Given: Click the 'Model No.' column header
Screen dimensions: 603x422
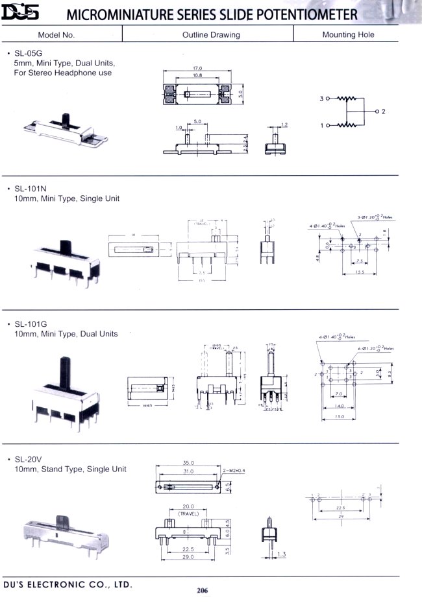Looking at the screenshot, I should pyautogui.click(x=56, y=34).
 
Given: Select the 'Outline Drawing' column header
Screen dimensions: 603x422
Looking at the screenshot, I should pyautogui.click(x=211, y=34).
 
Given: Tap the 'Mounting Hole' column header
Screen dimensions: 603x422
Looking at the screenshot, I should pyautogui.click(x=348, y=34).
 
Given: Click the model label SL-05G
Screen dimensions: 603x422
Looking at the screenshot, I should pyautogui.click(x=28, y=53).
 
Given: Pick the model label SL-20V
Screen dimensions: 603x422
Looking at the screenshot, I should pyautogui.click(x=28, y=458).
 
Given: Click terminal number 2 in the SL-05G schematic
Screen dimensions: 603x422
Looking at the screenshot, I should pyautogui.click(x=384, y=112).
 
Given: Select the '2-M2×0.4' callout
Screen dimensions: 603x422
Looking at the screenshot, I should pyautogui.click(x=234, y=470).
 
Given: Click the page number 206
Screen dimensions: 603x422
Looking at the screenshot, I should pyautogui.click(x=202, y=590).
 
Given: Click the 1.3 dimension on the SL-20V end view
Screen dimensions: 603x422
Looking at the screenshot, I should pyautogui.click(x=281, y=554).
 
